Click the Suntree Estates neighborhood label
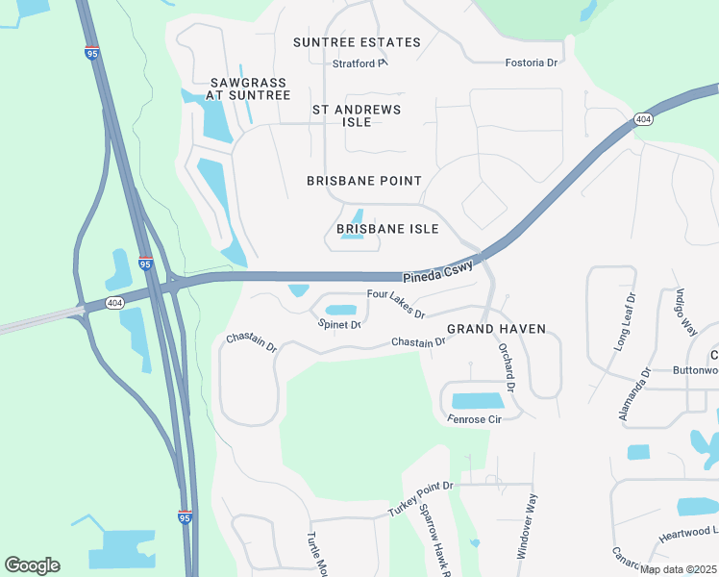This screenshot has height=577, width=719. (x=357, y=42)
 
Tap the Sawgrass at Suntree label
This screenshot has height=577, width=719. (x=248, y=88)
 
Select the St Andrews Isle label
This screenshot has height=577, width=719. (x=357, y=115)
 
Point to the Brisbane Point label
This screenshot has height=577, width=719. (x=363, y=181)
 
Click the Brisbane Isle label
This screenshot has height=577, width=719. (x=387, y=229)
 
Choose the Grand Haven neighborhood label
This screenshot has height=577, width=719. (x=496, y=329)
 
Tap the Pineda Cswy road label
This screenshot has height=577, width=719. (x=438, y=274)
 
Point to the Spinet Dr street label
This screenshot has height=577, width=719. (x=339, y=325)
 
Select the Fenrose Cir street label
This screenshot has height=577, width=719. (x=475, y=419)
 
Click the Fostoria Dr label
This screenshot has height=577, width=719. (x=532, y=63)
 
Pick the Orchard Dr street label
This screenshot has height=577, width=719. (x=508, y=369)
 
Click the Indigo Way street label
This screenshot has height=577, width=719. (x=685, y=312)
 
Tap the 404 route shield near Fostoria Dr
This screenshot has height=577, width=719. (x=643, y=119)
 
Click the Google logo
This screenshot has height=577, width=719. (x=32, y=565)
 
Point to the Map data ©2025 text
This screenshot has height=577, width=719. (x=678, y=569)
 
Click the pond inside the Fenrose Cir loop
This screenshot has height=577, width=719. (x=477, y=401)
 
